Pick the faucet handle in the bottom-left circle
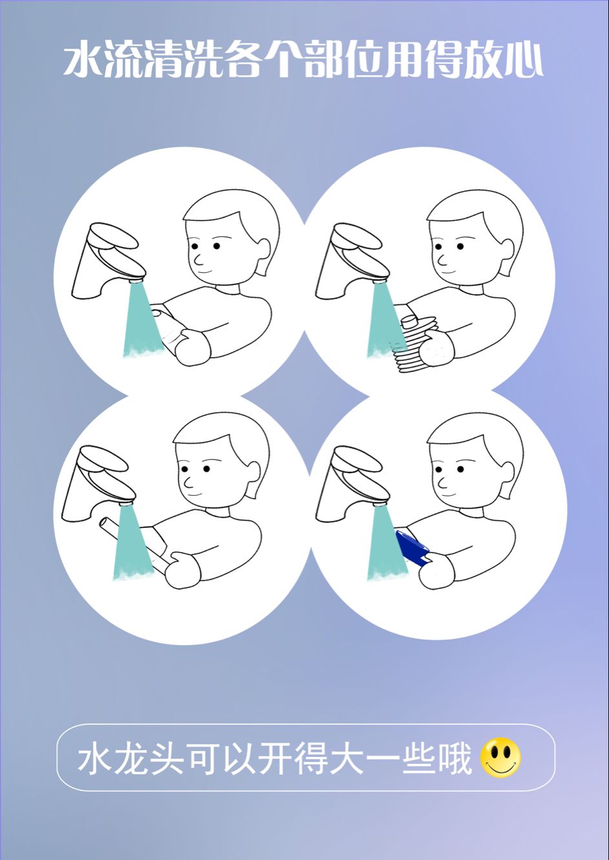point(104,461)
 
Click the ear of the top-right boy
point(506,254)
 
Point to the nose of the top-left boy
point(198,260)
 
